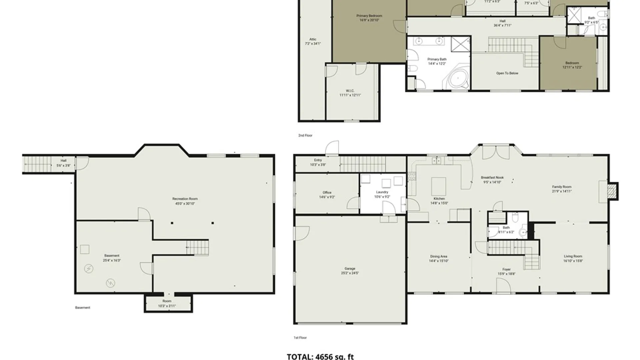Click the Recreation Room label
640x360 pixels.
pos(185,199)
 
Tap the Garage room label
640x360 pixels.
pos(350,268)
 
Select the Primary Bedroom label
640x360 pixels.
pos(369,16)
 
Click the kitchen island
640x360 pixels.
pos(439,186)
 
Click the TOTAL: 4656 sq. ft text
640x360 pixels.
pos(320,356)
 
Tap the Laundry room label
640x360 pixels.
pos(382,192)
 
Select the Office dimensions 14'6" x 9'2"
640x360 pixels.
pos(327,197)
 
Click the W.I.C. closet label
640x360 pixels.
pos(350,91)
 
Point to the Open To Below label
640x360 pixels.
pos(507,73)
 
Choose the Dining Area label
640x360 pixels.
pos(438,256)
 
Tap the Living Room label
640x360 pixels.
pos(573,256)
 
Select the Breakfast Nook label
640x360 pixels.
pos(492,178)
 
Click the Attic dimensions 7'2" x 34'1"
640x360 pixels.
pos(313,44)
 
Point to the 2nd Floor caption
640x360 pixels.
pos(305,135)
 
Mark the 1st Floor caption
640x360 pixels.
pos(300,338)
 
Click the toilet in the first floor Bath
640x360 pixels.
pos(515,218)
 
